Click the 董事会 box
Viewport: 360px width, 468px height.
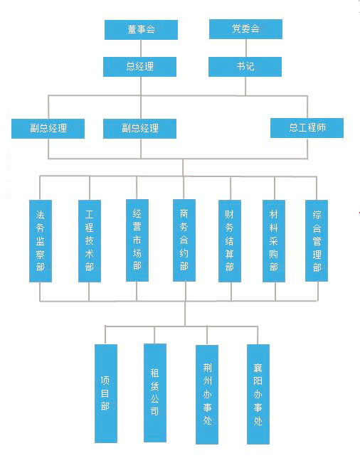click(x=141, y=30)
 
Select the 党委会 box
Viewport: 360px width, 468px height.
click(x=245, y=29)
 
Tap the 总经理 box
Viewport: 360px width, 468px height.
click(x=139, y=67)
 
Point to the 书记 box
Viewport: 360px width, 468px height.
click(x=245, y=67)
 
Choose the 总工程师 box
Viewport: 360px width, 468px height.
click(x=307, y=128)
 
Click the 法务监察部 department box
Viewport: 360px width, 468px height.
click(x=41, y=241)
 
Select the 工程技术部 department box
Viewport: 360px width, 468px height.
click(x=90, y=241)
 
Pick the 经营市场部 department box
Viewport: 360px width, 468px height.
click(x=137, y=240)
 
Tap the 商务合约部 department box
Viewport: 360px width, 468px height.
click(x=184, y=240)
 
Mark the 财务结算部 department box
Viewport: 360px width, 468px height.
click(x=230, y=241)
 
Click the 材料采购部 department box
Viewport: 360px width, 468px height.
click(x=274, y=241)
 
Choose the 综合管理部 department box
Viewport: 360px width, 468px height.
click(x=317, y=240)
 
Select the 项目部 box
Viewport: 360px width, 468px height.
click(x=106, y=393)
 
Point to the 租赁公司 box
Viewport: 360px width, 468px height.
click(x=155, y=393)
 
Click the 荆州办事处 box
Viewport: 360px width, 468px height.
click(x=207, y=395)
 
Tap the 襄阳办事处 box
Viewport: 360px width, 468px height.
click(x=258, y=394)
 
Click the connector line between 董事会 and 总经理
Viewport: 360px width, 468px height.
click(x=141, y=48)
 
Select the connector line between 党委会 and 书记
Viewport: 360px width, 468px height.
click(x=246, y=48)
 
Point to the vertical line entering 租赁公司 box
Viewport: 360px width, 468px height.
click(x=154, y=335)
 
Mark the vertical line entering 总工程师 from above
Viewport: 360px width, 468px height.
click(x=307, y=107)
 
